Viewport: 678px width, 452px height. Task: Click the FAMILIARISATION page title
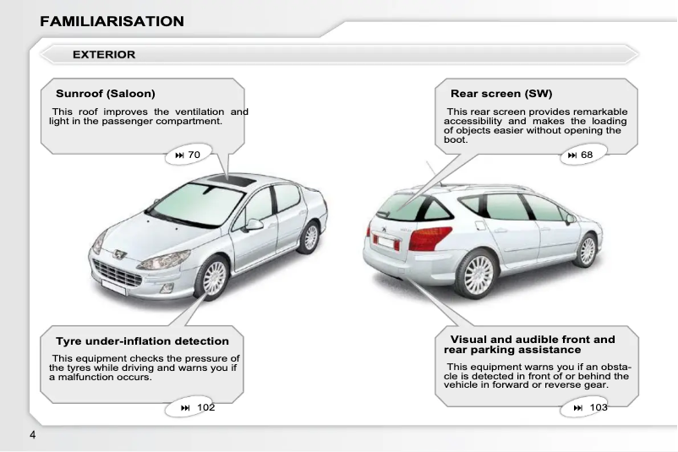click(x=112, y=21)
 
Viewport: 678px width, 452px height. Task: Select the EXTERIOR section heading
click(x=104, y=55)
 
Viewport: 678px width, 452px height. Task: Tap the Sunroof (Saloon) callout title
click(x=106, y=93)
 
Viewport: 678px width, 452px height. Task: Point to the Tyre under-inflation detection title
click(x=142, y=341)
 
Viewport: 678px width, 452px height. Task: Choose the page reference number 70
click(x=194, y=155)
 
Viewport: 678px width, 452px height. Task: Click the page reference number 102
click(x=205, y=408)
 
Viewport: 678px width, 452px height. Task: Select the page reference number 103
click(x=599, y=408)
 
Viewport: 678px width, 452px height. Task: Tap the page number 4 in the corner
click(x=33, y=435)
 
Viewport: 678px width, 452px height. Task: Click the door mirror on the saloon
click(x=253, y=225)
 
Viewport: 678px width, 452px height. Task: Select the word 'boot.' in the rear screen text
click(x=455, y=139)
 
